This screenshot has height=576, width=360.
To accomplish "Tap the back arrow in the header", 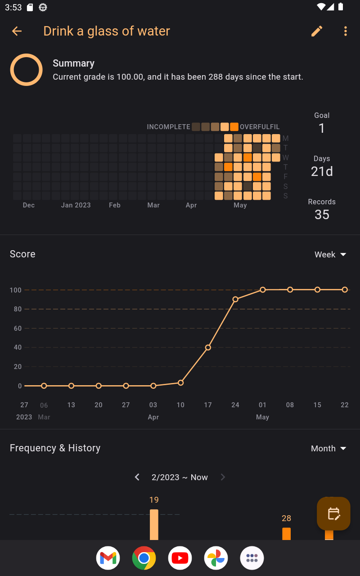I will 17,31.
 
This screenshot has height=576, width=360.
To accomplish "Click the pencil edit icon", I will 317,31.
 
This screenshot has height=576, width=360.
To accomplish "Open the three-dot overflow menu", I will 346,31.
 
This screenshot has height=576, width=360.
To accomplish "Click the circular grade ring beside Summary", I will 27,70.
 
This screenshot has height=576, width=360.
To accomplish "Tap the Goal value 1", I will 322,128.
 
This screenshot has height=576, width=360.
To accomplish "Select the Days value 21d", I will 322,171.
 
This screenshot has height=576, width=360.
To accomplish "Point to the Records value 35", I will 322,215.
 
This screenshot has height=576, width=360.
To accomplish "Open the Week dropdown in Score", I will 330,255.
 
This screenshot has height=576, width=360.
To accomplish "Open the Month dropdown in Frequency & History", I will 328,449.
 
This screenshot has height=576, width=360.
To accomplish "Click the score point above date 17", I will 208,347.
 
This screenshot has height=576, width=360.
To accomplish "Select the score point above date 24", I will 235,299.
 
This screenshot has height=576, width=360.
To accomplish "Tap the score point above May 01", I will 263,290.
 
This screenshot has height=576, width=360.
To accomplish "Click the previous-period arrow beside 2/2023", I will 137,477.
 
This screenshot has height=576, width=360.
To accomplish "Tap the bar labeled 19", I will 154,524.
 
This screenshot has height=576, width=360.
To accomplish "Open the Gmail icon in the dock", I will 108,558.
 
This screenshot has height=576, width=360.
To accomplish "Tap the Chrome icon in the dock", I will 144,558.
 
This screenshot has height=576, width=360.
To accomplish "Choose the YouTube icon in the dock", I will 180,558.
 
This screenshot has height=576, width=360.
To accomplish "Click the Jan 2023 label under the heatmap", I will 76,205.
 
